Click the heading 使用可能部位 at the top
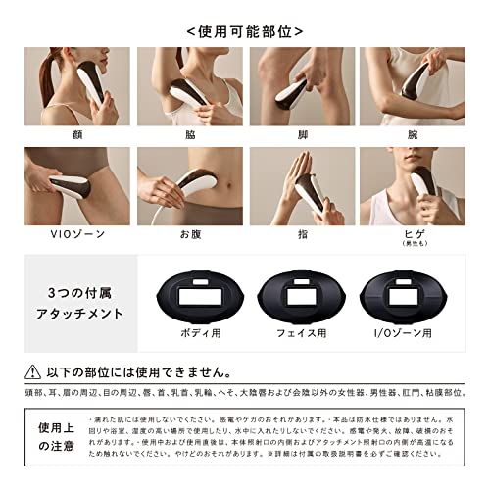244,30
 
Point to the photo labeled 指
301,184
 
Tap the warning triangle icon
38,373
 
